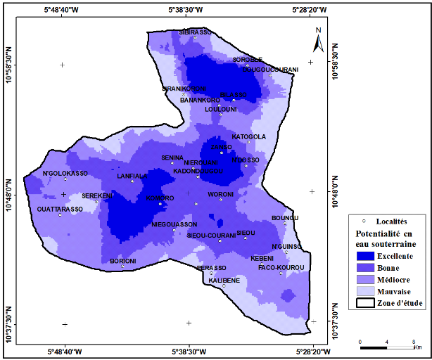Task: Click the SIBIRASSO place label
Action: [194, 32]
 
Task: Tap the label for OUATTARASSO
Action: [60, 209]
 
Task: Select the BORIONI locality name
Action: [122, 261]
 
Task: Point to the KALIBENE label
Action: [224, 280]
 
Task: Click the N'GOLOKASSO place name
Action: [65, 173]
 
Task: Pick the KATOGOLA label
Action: [249, 136]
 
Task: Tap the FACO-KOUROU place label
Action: [281, 267]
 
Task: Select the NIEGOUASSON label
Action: [174, 224]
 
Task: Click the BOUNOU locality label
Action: [285, 218]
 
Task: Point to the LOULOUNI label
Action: [220, 109]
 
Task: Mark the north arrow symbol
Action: [317, 42]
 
